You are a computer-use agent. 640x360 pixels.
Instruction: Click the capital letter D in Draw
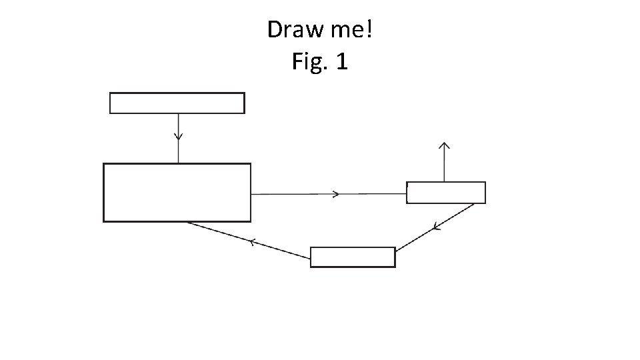click(274, 29)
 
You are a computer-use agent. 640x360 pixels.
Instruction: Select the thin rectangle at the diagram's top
click(177, 103)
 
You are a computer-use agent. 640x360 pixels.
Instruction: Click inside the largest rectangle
click(177, 193)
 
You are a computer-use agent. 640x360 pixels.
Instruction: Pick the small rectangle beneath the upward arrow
click(446, 193)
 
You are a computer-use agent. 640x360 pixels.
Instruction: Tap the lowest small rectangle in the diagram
click(353, 257)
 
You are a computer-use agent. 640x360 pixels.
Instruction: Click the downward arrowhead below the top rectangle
click(178, 136)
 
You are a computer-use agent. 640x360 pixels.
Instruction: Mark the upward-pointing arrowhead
click(444, 145)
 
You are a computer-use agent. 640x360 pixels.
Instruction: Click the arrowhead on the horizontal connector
click(337, 194)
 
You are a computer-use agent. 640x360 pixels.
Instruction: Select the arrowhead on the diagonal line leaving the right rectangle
click(436, 228)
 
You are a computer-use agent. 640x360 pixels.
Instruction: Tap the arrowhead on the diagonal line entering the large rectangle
click(253, 242)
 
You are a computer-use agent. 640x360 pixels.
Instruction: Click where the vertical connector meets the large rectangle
click(178, 163)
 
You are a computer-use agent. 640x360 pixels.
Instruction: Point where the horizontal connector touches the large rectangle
click(251, 194)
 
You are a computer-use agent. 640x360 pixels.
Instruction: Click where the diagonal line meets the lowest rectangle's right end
click(395, 251)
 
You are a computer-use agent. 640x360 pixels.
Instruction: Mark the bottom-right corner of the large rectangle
click(251, 221)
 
